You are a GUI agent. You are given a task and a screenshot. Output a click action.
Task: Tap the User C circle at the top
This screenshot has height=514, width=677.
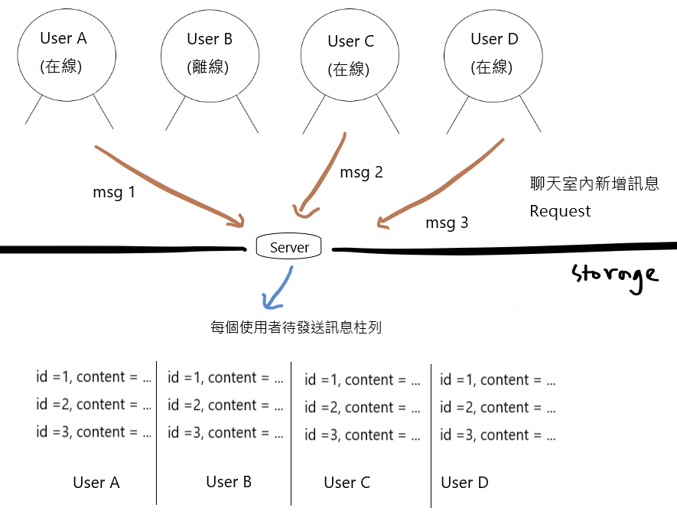349,54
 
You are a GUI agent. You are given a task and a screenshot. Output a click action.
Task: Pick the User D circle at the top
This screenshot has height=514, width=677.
492,52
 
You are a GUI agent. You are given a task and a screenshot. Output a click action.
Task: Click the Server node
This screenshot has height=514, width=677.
289,247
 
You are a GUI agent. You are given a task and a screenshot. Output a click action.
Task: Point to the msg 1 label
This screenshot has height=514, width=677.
113,192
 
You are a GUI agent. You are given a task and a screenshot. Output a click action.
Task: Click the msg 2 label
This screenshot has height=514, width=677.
361,172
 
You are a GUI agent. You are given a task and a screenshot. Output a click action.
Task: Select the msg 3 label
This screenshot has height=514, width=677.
447,223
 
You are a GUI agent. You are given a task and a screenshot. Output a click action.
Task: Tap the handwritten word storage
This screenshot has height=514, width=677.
615,275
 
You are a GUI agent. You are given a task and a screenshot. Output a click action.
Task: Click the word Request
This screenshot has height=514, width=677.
560,211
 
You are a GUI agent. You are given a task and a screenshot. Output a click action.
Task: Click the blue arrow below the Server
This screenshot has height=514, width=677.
277,288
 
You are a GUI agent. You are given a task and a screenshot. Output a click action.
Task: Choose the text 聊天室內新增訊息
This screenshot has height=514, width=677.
594,184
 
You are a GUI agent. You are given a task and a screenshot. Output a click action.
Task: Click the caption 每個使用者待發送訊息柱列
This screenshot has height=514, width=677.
295,327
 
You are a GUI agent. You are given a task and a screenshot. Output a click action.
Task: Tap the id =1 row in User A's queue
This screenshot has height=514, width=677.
93,376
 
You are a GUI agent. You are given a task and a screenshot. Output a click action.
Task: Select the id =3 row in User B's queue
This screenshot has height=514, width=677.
225,432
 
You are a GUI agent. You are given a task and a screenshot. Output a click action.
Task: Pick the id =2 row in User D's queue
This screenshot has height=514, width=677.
497,408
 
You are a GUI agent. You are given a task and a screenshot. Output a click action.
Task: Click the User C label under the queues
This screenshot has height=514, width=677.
347,483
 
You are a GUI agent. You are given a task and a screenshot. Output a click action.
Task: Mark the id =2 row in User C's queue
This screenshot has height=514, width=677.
362,408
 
